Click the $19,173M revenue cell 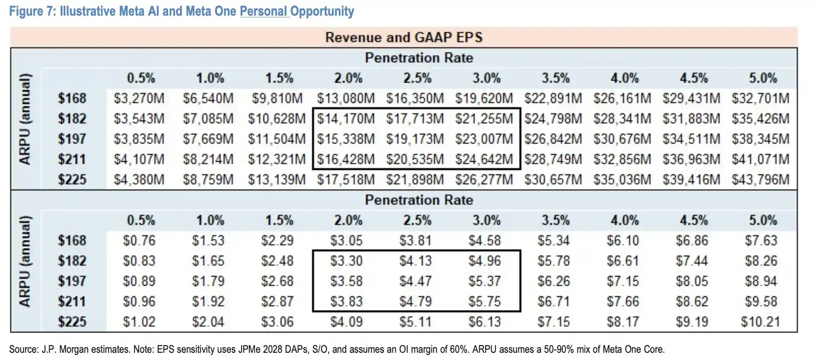pyautogui.click(x=415, y=139)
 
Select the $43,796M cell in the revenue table pyautogui.click(x=761, y=180)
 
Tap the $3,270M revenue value pyautogui.click(x=139, y=98)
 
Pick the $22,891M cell pyautogui.click(x=553, y=98)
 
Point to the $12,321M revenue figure pyautogui.click(x=277, y=159)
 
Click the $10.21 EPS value pyautogui.click(x=761, y=322)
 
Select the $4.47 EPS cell pyautogui.click(x=415, y=281)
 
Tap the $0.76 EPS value pyautogui.click(x=139, y=241)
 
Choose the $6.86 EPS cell pyautogui.click(x=692, y=241)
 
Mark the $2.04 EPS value pyautogui.click(x=208, y=322)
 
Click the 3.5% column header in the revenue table pyautogui.click(x=556, y=78)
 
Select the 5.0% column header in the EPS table pyautogui.click(x=763, y=220)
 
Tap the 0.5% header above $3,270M pyautogui.click(x=141, y=78)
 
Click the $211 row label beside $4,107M pyautogui.click(x=72, y=159)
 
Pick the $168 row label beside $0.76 pyautogui.click(x=72, y=241)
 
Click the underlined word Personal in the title pyautogui.click(x=263, y=11)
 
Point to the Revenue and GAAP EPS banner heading pyautogui.click(x=404, y=37)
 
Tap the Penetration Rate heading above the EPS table pyautogui.click(x=419, y=200)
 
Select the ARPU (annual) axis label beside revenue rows pyautogui.click(x=25, y=119)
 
